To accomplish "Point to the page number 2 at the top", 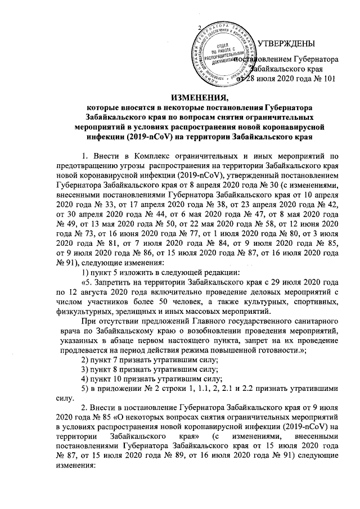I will pos(199,28).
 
